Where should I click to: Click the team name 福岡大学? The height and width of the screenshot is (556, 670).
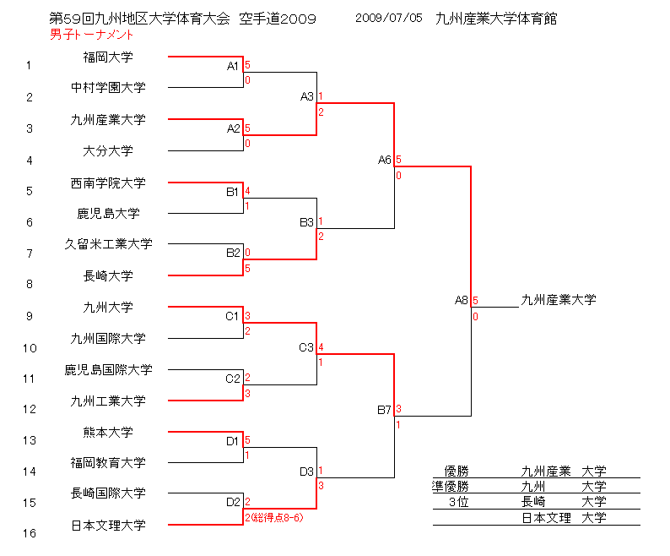(108, 57)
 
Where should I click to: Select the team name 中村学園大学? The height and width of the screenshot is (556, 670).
(108, 87)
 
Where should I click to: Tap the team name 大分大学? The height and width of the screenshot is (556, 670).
(108, 151)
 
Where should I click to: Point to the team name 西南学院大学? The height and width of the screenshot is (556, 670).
(108, 183)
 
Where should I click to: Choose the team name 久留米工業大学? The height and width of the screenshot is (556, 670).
(108, 244)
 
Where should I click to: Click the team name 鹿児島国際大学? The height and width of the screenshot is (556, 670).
(108, 369)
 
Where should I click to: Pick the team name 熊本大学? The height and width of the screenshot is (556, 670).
(108, 432)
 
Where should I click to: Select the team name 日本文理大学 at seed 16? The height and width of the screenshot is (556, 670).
(108, 525)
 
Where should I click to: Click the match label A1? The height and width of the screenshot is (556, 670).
(234, 66)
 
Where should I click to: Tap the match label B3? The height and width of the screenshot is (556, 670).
(306, 222)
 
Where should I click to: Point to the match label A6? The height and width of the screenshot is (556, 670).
(385, 160)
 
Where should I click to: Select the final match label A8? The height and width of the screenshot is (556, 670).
(462, 300)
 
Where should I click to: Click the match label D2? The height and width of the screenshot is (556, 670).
(234, 502)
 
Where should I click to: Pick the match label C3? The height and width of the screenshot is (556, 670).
(306, 347)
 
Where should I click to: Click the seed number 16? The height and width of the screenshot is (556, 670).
(29, 534)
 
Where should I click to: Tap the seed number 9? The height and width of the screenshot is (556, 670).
(29, 316)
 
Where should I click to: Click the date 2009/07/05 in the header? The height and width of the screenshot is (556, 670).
(388, 18)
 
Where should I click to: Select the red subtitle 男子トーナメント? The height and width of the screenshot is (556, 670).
(91, 35)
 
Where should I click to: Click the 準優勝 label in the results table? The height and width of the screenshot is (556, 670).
(450, 486)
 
